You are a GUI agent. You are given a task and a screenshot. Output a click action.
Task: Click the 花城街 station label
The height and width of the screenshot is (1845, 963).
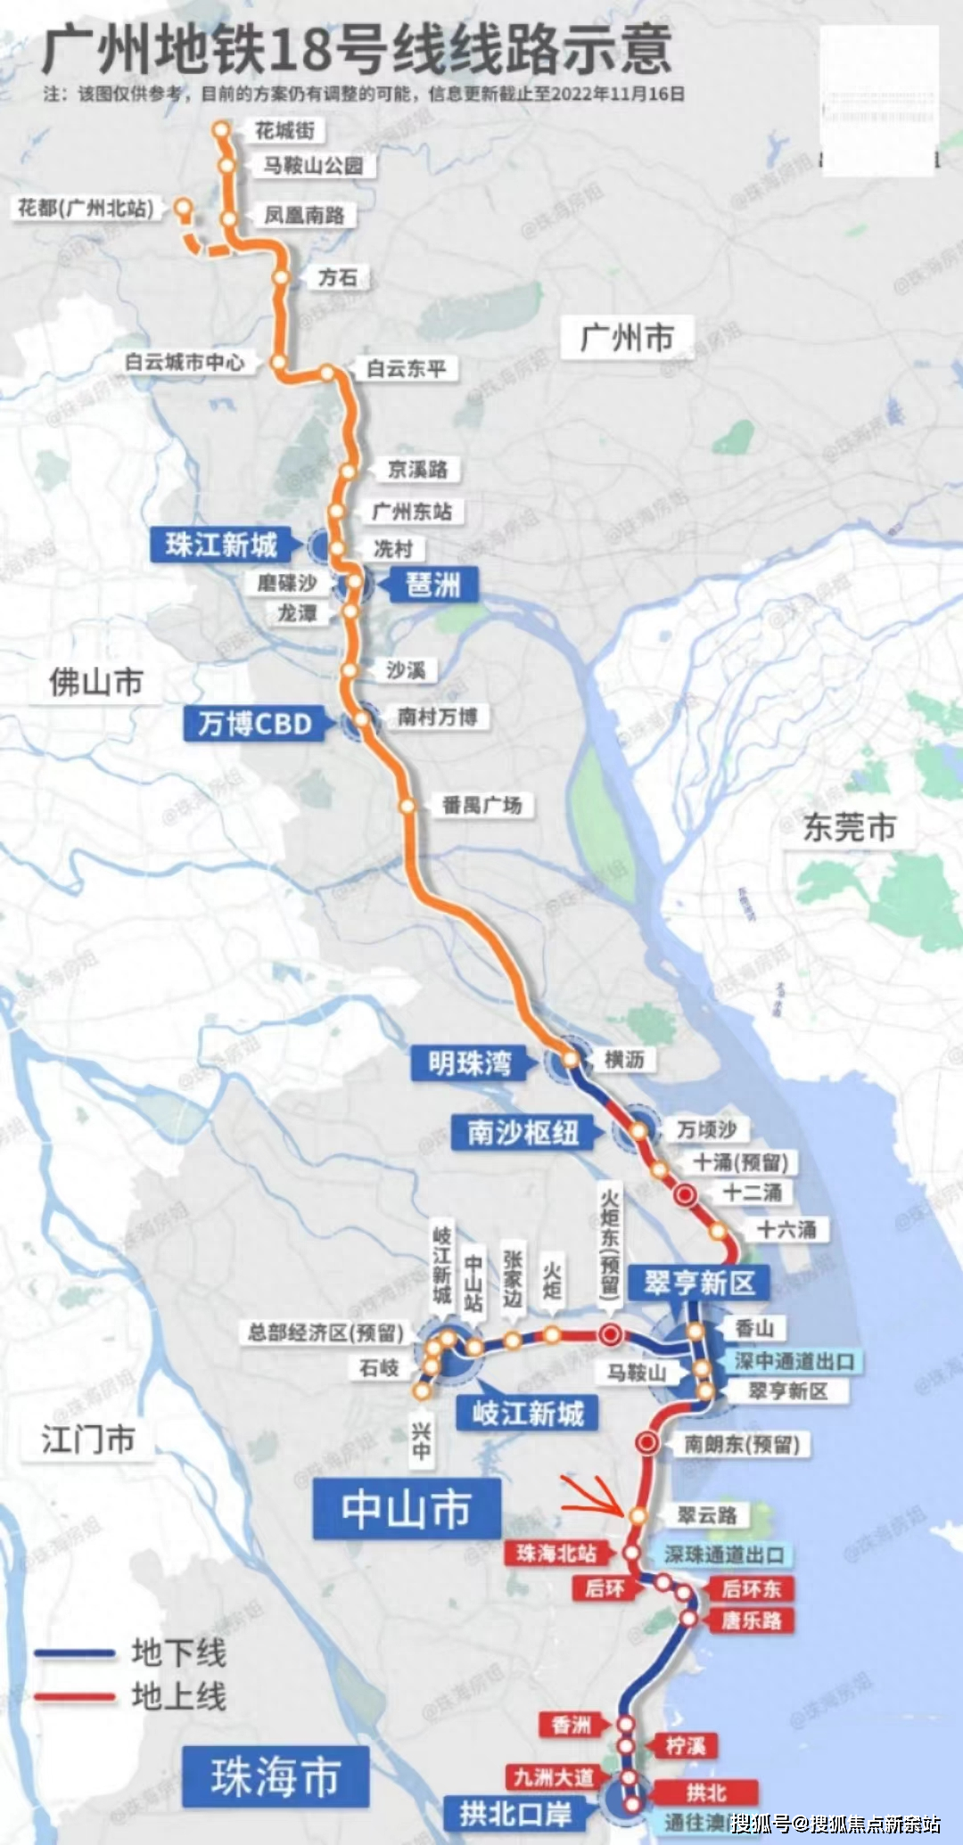point(285,131)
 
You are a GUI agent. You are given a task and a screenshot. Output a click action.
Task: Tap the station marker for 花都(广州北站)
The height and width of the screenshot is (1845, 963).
point(183,209)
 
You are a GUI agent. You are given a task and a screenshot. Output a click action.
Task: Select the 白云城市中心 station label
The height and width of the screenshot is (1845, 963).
point(185,363)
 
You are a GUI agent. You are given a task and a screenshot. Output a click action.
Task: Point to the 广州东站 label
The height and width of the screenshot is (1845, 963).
point(412,512)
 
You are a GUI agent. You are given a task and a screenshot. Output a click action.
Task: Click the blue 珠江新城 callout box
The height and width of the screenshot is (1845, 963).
point(221,545)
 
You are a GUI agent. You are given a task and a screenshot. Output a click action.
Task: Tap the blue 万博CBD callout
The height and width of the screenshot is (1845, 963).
point(255,723)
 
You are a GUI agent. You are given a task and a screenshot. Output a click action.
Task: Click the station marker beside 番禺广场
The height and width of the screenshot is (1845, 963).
point(407,806)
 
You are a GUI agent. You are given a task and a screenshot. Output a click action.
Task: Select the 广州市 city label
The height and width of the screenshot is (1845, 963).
point(626,338)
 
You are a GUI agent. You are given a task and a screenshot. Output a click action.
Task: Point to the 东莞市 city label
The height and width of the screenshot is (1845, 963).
point(849,827)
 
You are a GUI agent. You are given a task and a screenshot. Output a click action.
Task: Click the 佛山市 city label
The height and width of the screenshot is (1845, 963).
point(96,683)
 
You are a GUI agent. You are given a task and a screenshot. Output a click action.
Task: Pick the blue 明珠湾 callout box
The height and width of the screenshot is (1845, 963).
point(469,1063)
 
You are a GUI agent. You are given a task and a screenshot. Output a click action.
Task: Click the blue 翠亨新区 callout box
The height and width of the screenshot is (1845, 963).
point(699,1283)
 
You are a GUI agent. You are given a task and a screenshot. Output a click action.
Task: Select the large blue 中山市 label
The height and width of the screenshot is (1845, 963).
point(406,1509)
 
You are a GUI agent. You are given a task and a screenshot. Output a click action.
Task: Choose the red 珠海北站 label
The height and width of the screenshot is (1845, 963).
point(556,1554)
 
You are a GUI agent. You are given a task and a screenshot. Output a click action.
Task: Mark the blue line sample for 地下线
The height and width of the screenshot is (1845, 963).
point(75,1653)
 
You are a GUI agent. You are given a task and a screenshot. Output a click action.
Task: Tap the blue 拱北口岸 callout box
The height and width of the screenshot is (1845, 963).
point(515,1813)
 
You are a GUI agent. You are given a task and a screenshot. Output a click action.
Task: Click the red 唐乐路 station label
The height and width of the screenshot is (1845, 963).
point(751,1620)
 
